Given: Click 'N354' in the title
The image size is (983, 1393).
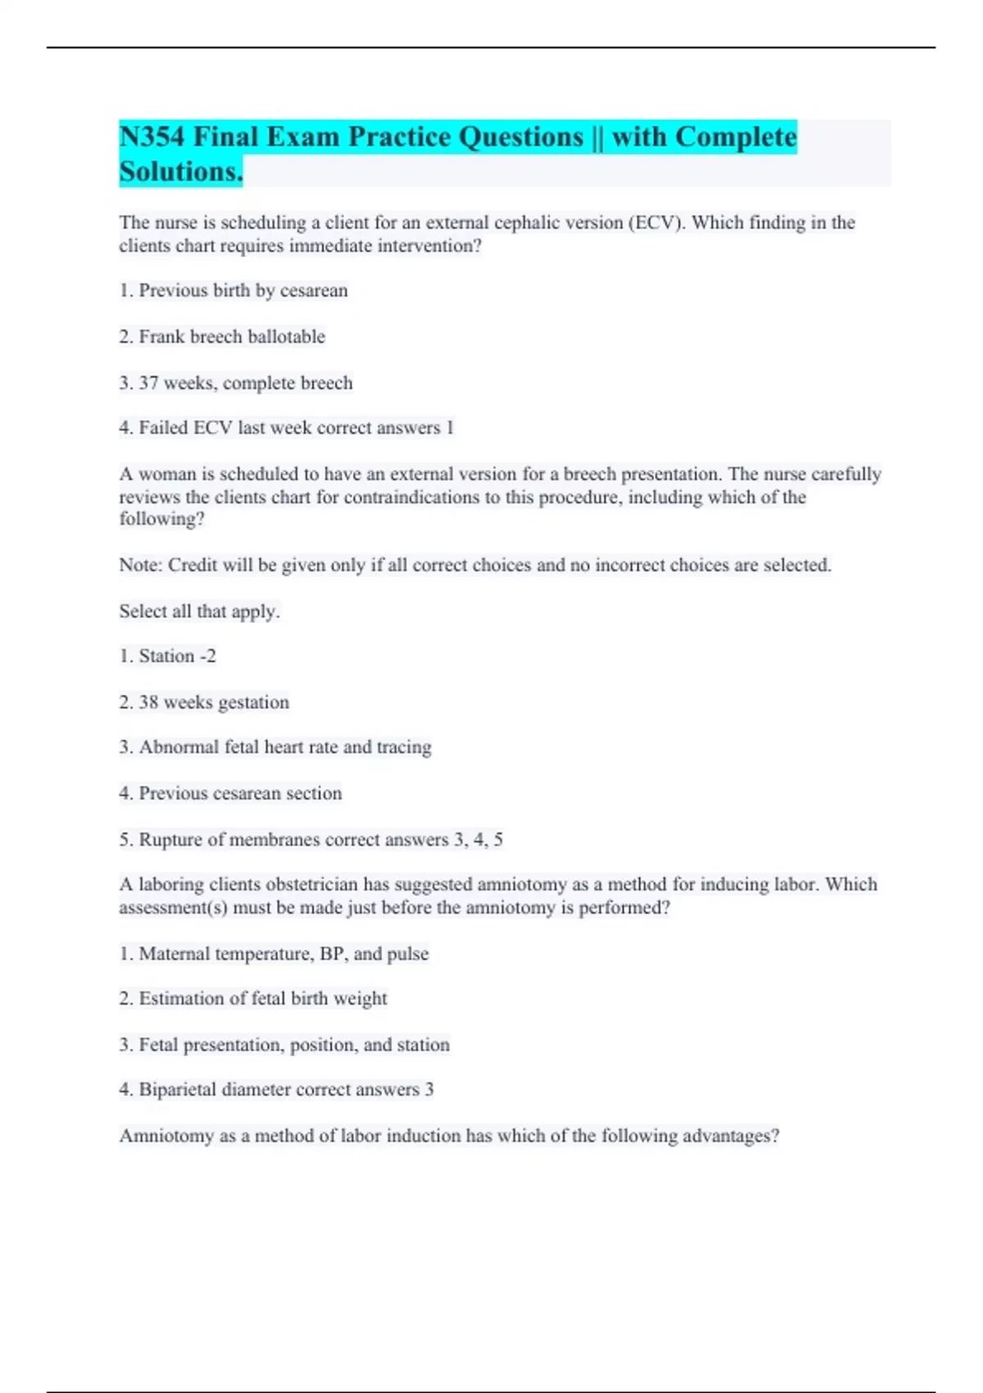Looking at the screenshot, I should tap(152, 137).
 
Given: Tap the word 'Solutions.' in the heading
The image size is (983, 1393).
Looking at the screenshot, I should tap(181, 172).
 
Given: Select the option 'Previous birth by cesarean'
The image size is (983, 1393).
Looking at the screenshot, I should tap(242, 291).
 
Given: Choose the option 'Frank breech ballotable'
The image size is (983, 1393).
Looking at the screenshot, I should tap(232, 337).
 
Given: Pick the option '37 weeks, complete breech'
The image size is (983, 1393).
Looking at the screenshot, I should tap(245, 383).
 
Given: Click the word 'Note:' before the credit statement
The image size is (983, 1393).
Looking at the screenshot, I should tap(141, 565).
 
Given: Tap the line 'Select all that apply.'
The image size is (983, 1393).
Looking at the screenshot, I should tap(199, 611).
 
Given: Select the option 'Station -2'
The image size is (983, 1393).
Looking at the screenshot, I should tap(177, 656).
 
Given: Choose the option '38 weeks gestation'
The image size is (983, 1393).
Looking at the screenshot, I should tap(213, 702).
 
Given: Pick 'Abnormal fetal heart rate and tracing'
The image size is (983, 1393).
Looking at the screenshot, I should tap(284, 747).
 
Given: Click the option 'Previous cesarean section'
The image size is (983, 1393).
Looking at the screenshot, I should tap(240, 793).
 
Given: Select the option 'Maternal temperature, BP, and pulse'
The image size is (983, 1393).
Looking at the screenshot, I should tap(283, 954).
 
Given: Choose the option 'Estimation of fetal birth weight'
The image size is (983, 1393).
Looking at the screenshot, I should tap(262, 999).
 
